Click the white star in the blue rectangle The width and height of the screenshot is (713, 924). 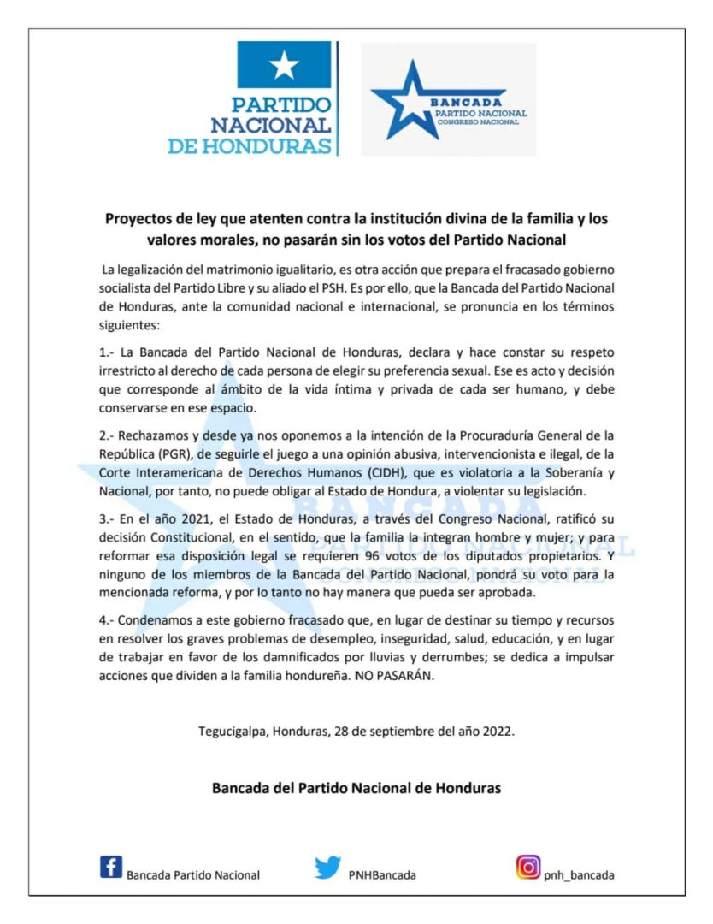click(284, 65)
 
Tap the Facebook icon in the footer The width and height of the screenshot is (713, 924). click(111, 868)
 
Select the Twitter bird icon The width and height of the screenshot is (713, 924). click(327, 868)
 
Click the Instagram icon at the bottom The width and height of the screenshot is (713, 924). click(527, 868)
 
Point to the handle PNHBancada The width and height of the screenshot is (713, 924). click(383, 875)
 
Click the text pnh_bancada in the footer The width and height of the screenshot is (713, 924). click(579, 875)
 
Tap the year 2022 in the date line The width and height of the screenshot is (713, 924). click(498, 732)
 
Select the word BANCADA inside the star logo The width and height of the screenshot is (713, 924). click(469, 104)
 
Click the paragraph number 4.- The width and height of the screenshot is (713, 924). click(109, 620)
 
